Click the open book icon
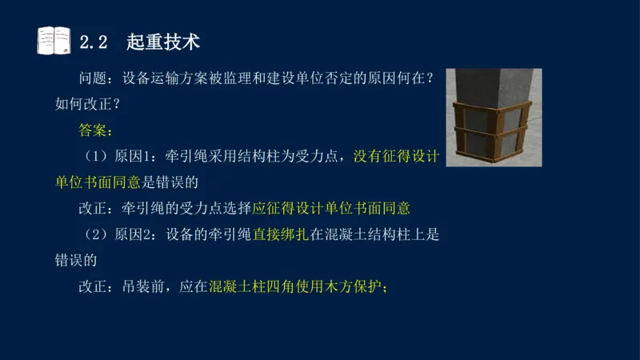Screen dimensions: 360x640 tap(54, 40)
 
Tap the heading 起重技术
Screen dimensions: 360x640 tap(163, 41)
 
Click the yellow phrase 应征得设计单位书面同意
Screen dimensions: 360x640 tap(331, 208)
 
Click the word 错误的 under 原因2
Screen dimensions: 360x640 tap(76, 260)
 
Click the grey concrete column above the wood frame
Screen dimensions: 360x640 tap(490, 84)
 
